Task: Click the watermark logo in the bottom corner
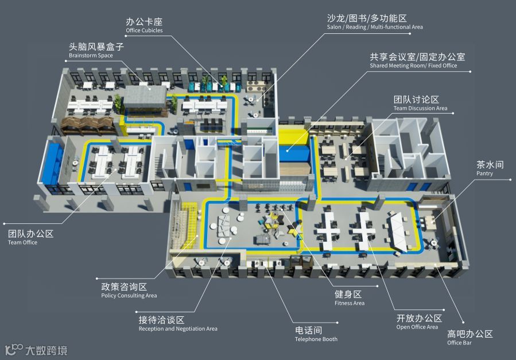pyautogui.click(x=36, y=349)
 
